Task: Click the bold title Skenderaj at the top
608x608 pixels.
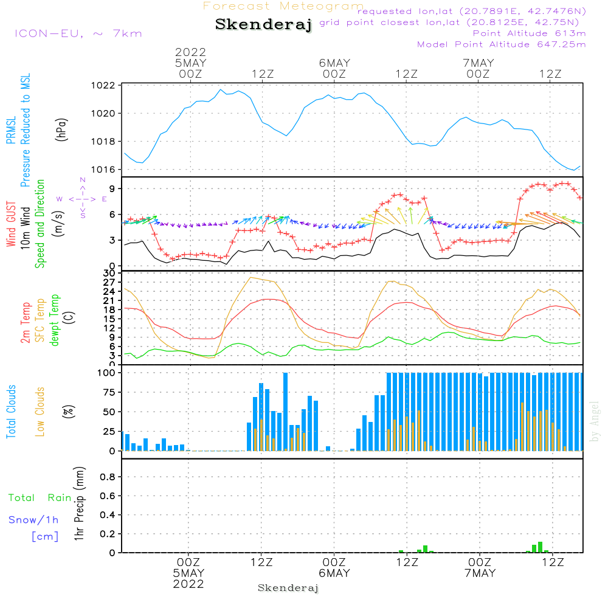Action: click(x=263, y=25)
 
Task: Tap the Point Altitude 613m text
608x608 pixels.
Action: click(x=529, y=33)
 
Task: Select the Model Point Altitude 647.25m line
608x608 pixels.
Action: click(x=502, y=44)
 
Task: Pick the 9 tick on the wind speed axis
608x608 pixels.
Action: click(x=112, y=189)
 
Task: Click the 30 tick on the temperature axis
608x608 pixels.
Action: click(x=110, y=273)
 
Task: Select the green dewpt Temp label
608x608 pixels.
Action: click(x=56, y=320)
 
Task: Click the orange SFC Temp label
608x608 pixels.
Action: click(x=41, y=320)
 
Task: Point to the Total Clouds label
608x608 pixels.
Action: click(x=10, y=412)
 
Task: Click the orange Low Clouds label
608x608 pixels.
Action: click(x=41, y=412)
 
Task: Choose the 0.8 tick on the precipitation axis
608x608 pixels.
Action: click(x=108, y=477)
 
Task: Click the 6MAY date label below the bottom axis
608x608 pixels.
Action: click(x=334, y=573)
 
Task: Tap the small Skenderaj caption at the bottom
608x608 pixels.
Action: click(x=288, y=588)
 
